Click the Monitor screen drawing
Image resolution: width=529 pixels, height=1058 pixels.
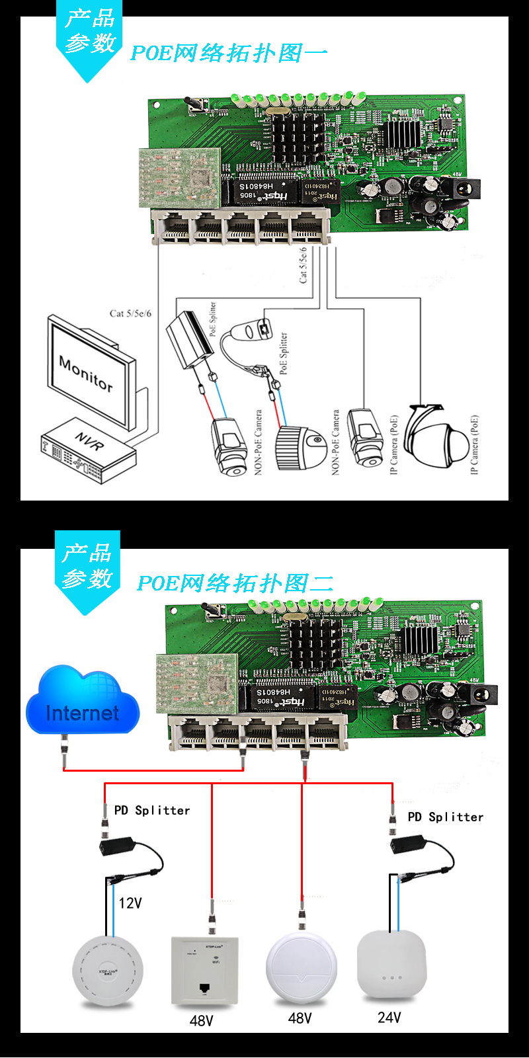point(89,374)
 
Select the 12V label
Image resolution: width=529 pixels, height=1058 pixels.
point(130,903)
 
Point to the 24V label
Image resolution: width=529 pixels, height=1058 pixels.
point(389,1017)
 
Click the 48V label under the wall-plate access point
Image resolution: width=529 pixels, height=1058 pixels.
point(201,1020)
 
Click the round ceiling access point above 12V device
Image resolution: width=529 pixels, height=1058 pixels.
point(107,972)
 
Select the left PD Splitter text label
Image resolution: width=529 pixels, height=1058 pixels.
point(152,811)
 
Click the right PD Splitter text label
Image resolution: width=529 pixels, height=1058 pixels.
point(445,817)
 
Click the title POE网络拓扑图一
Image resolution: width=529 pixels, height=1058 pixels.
point(229,53)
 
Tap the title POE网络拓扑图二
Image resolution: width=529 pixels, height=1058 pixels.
point(235,583)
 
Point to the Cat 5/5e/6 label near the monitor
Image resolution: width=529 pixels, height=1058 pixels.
point(130,313)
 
